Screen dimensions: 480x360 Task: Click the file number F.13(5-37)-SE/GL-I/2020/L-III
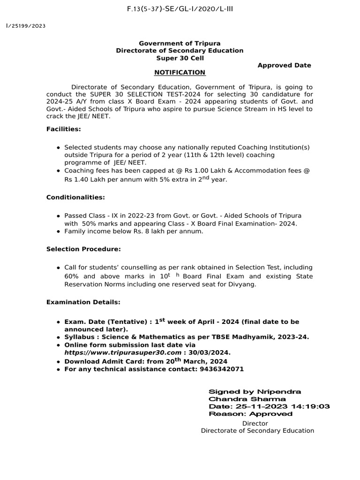point(180,9)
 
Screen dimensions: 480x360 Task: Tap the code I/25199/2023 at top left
point(25,26)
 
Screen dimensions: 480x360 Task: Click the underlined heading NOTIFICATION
point(180,72)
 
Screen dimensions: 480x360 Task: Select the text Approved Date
point(284,65)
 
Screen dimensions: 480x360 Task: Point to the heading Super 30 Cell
point(180,58)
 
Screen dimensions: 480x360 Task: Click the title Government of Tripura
point(180,43)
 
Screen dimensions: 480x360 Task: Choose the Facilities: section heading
point(64,129)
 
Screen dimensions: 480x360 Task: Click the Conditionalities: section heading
point(75,197)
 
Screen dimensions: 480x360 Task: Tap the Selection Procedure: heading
point(83,249)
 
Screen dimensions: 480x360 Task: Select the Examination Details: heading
point(83,302)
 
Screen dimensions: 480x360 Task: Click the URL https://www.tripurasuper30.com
point(123,352)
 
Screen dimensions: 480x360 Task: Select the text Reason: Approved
point(250,414)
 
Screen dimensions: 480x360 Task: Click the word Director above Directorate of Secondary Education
point(255,423)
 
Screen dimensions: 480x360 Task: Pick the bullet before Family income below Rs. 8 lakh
point(58,232)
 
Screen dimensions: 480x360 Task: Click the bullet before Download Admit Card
point(58,362)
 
